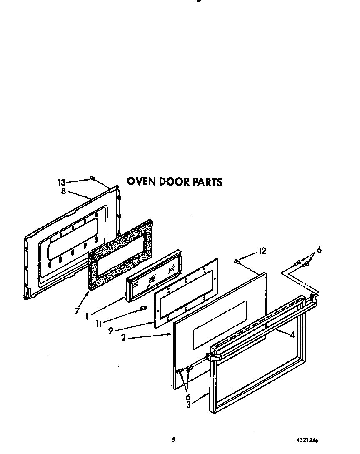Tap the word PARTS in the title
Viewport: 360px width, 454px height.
coord(207,182)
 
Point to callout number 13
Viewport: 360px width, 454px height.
coord(61,182)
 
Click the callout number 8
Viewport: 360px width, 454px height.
coord(63,191)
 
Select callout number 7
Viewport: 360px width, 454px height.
coord(77,311)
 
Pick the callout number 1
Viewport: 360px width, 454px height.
coord(87,316)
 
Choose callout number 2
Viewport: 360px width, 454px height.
coord(123,338)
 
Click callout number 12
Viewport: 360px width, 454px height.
coord(262,251)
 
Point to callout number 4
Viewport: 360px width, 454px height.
coord(292,334)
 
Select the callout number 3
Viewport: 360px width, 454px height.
coord(188,405)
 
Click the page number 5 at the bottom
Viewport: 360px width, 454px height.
coord(173,439)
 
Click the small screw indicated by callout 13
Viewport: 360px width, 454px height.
coord(92,178)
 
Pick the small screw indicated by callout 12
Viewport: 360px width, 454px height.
coord(237,261)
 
